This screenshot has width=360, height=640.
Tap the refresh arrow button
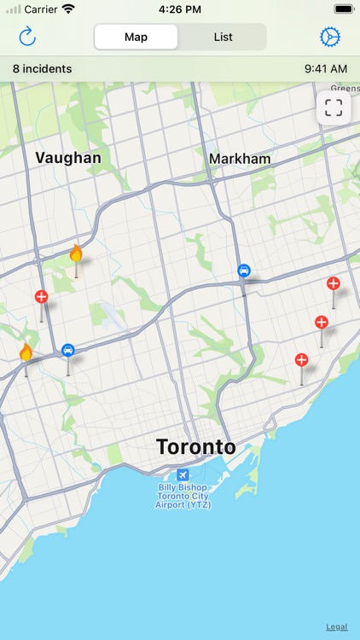click(28, 37)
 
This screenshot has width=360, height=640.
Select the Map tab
click(136, 37)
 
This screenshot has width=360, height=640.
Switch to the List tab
click(224, 37)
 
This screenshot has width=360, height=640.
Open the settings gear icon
click(329, 37)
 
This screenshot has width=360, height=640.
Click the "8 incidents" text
click(43, 68)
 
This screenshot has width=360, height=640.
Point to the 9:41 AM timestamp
click(326, 68)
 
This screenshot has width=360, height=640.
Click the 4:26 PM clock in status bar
click(180, 9)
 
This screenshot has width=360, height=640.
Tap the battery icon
click(344, 9)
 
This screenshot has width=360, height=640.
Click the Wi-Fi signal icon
click(68, 9)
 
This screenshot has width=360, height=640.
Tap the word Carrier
click(40, 9)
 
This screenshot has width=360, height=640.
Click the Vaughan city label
click(68, 158)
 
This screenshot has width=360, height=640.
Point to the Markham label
click(240, 159)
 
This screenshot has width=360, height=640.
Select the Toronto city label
click(195, 447)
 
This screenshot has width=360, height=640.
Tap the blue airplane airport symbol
click(183, 474)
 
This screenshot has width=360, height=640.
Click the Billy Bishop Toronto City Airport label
click(183, 496)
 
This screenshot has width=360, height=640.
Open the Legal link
click(337, 626)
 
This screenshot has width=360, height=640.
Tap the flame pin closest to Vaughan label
click(76, 253)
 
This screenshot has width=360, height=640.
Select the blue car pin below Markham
click(244, 271)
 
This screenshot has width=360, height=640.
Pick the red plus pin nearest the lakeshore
click(301, 360)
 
